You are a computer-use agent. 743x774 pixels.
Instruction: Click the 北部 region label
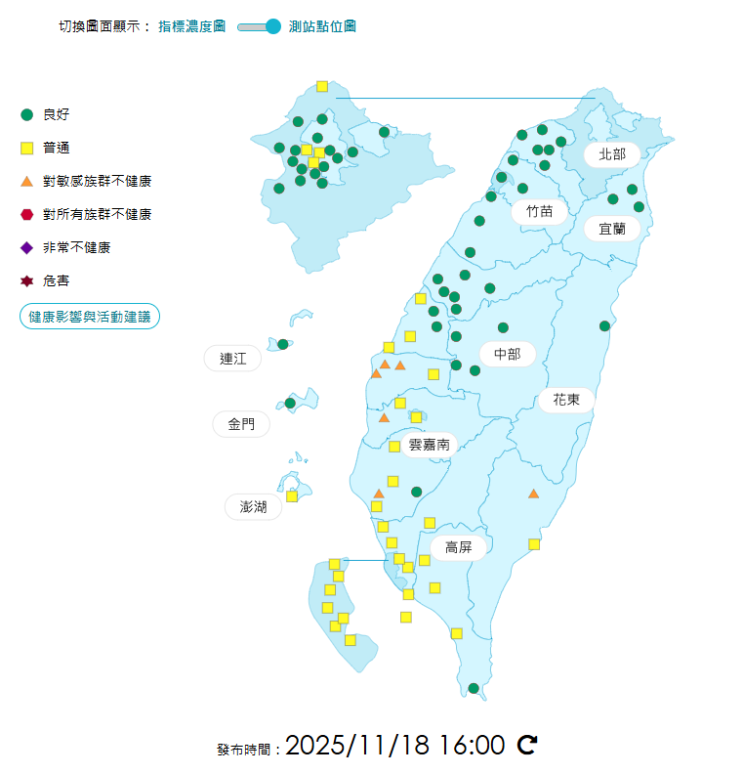(612, 153)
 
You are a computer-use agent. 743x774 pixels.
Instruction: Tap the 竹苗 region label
(539, 211)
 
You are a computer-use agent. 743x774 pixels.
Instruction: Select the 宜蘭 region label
(612, 229)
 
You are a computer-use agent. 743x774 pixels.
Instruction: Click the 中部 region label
(508, 354)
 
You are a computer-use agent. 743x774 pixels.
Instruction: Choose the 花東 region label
(566, 399)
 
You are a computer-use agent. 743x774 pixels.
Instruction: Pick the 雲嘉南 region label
(430, 444)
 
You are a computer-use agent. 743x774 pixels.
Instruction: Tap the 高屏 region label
(459, 547)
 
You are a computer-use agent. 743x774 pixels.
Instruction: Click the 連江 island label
(233, 359)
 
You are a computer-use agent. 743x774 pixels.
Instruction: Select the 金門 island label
(241, 424)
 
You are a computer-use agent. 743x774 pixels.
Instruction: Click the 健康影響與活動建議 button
(89, 317)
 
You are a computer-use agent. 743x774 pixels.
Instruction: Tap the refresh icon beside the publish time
(527, 746)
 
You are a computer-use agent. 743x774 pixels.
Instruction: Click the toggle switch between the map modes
(260, 26)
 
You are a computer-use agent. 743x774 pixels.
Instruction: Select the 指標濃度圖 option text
(192, 26)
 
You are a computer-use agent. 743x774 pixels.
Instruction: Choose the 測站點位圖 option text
(322, 26)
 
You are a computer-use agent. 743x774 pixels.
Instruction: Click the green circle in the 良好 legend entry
(27, 114)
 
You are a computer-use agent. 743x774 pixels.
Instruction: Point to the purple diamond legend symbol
(27, 247)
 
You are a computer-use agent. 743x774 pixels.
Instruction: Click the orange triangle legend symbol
(27, 181)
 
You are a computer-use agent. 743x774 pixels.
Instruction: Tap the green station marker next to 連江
(283, 344)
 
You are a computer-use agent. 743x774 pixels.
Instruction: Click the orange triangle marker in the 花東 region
(533, 494)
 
